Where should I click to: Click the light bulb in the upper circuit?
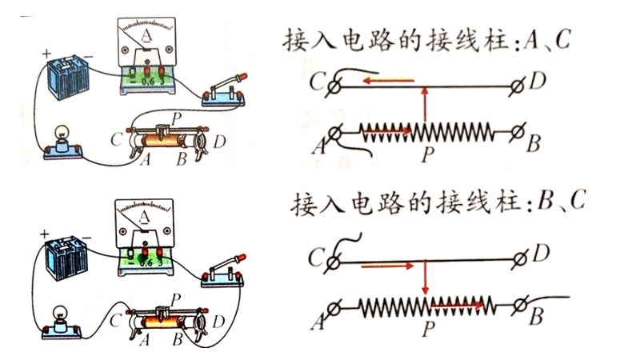(61, 138)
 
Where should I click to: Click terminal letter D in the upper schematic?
(540, 81)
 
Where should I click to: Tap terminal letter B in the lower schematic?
(536, 318)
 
